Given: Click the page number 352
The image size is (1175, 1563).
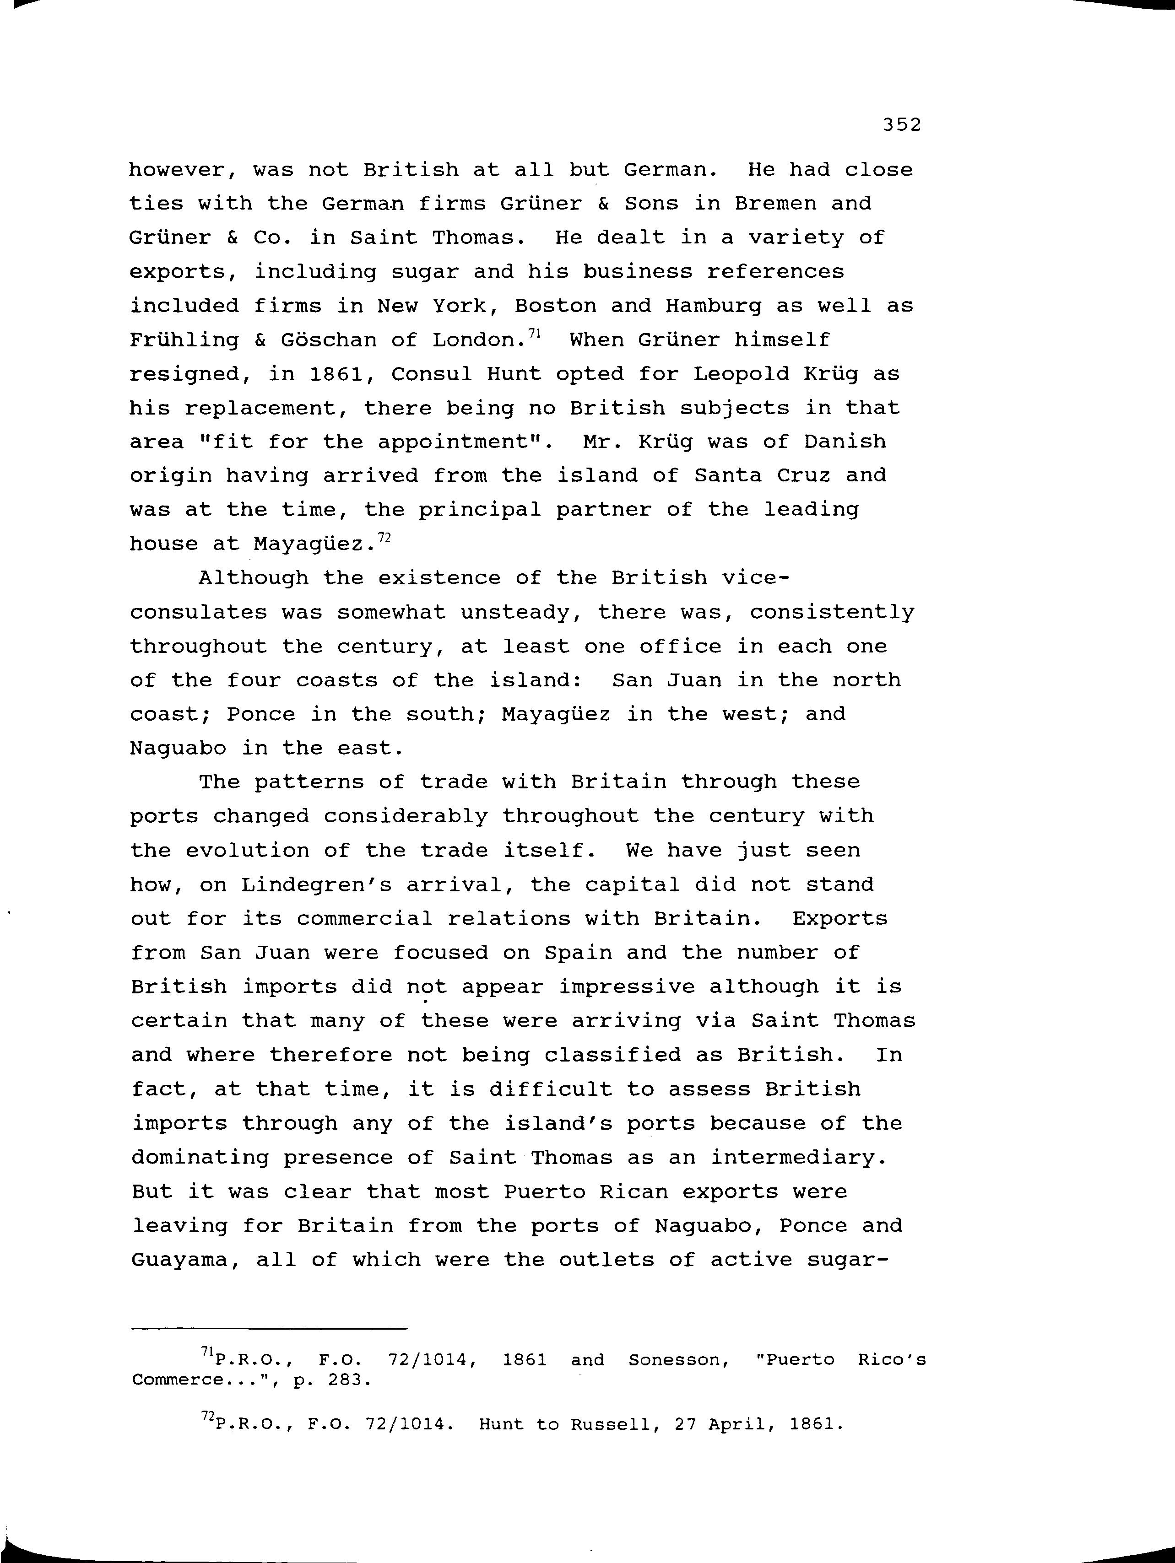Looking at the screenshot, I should [901, 125].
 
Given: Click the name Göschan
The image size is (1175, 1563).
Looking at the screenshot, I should [329, 340].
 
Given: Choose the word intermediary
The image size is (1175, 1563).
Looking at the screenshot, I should [797, 1158].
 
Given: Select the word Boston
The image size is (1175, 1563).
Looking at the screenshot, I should [555, 306].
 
